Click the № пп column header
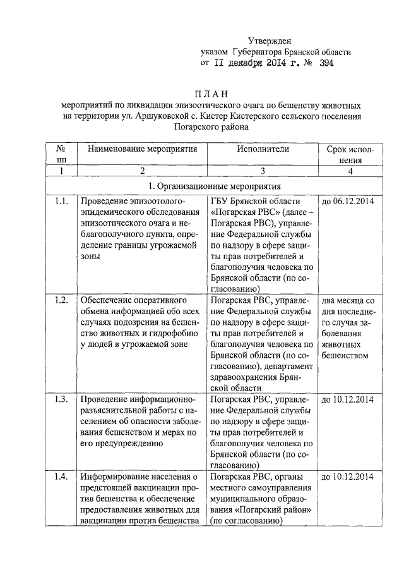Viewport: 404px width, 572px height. click(61, 155)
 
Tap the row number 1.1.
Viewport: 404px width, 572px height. click(61, 202)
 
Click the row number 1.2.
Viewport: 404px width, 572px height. click(61, 300)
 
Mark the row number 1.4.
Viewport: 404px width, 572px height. click(61, 477)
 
